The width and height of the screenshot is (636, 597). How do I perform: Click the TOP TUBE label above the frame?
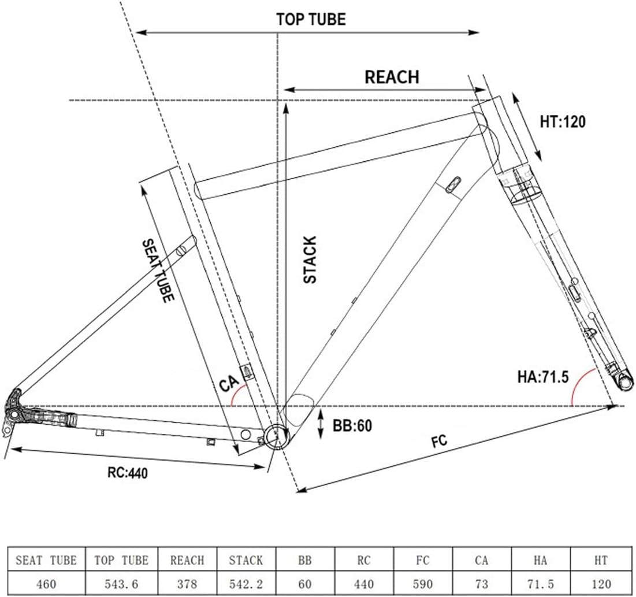(x=311, y=19)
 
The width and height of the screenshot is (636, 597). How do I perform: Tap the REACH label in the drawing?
(x=392, y=77)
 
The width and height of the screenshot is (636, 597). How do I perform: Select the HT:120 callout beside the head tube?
(x=563, y=122)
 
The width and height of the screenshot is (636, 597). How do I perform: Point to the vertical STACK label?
(x=310, y=259)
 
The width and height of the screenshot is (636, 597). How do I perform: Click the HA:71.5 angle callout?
(x=543, y=377)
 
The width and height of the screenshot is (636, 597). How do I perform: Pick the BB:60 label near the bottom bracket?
(x=352, y=426)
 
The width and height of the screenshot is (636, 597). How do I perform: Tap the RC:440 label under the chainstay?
(x=128, y=473)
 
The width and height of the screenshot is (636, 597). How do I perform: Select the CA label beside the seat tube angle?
(x=228, y=384)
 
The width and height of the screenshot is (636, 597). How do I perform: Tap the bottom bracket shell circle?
(x=276, y=438)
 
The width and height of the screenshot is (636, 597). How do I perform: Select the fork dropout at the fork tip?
(x=623, y=382)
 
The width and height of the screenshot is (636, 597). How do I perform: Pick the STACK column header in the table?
(x=246, y=560)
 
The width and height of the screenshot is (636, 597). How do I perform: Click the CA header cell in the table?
(x=481, y=560)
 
